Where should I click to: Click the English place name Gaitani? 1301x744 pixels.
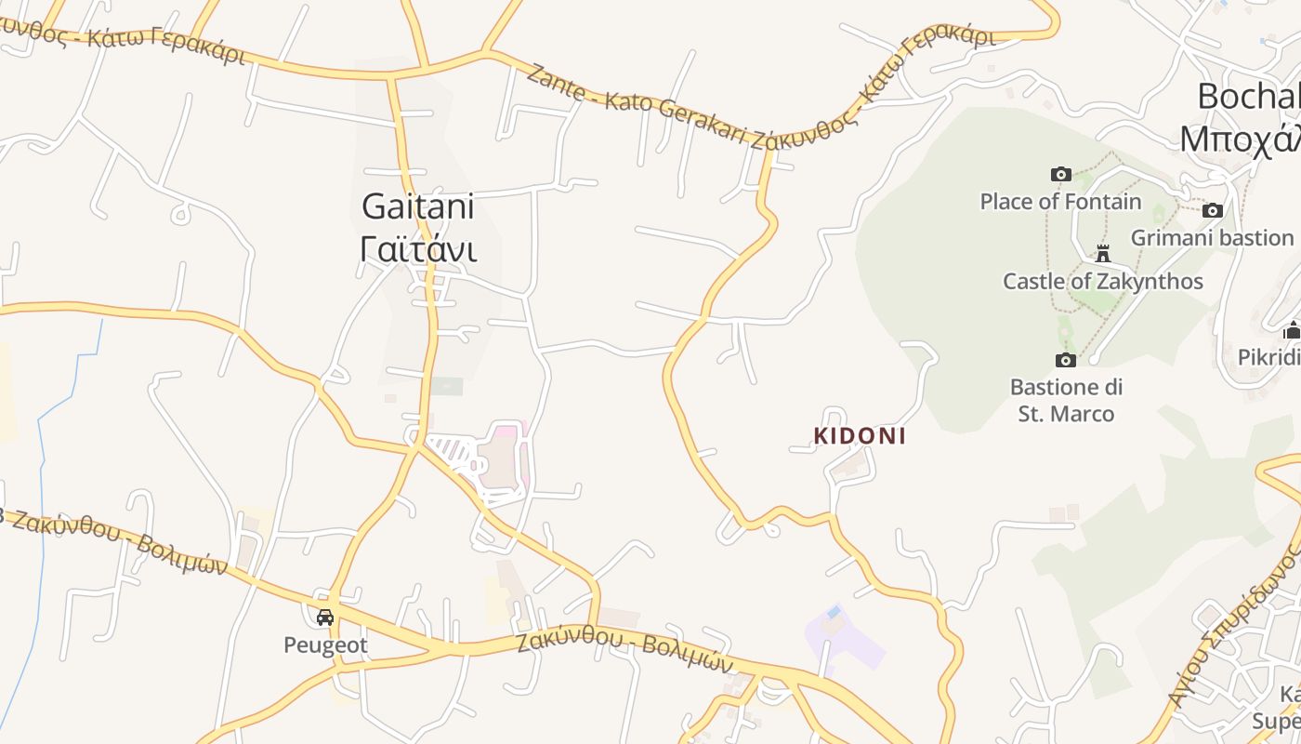point(417,206)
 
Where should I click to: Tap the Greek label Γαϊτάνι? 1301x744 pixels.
point(417,249)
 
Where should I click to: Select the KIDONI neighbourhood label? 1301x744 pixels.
point(860,436)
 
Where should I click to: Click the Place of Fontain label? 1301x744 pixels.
point(1060,202)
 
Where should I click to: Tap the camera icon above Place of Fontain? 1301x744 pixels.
point(1060,175)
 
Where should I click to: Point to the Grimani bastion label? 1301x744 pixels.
point(1212,238)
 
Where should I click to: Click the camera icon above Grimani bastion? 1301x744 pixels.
point(1212,211)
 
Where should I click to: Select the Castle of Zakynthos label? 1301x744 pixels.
point(1102,281)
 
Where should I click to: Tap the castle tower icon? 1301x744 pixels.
point(1103,253)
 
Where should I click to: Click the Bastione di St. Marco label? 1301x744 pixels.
point(1066,400)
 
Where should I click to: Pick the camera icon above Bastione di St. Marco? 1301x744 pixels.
point(1065,360)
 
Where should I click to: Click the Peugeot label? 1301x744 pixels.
point(325,644)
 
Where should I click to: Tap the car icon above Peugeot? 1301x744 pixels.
point(325,618)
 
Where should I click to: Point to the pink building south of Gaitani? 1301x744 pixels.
point(503,456)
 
